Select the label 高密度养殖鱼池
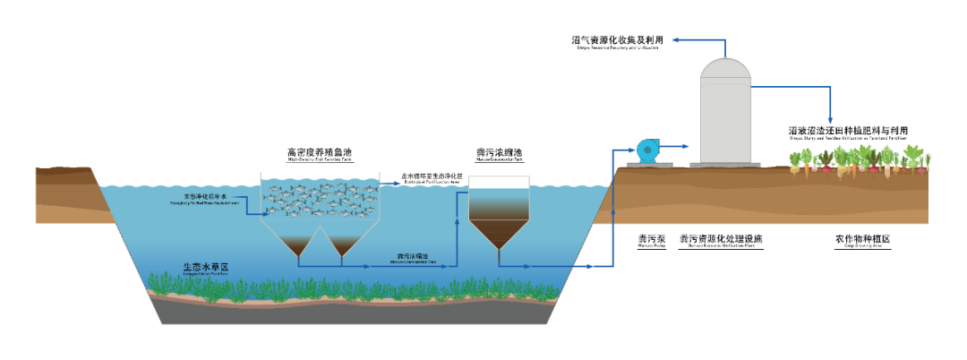319,152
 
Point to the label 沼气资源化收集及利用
618,40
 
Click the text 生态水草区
207,266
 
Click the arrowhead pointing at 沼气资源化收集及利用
677,40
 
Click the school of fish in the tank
319,199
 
